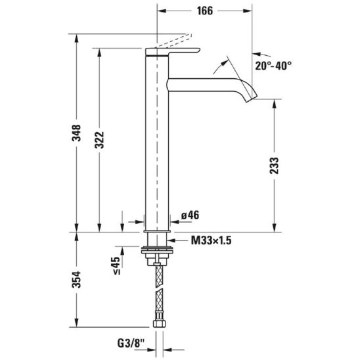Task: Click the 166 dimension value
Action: point(205,11)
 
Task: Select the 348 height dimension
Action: point(76,133)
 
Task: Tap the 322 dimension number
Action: point(99,140)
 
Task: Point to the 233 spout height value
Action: point(274,166)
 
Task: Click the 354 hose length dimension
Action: point(76,280)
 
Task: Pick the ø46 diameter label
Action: point(190,215)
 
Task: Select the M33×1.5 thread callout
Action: point(212,240)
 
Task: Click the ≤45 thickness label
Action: point(116,265)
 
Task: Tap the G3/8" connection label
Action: point(131,344)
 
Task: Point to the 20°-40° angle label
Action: point(273,66)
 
